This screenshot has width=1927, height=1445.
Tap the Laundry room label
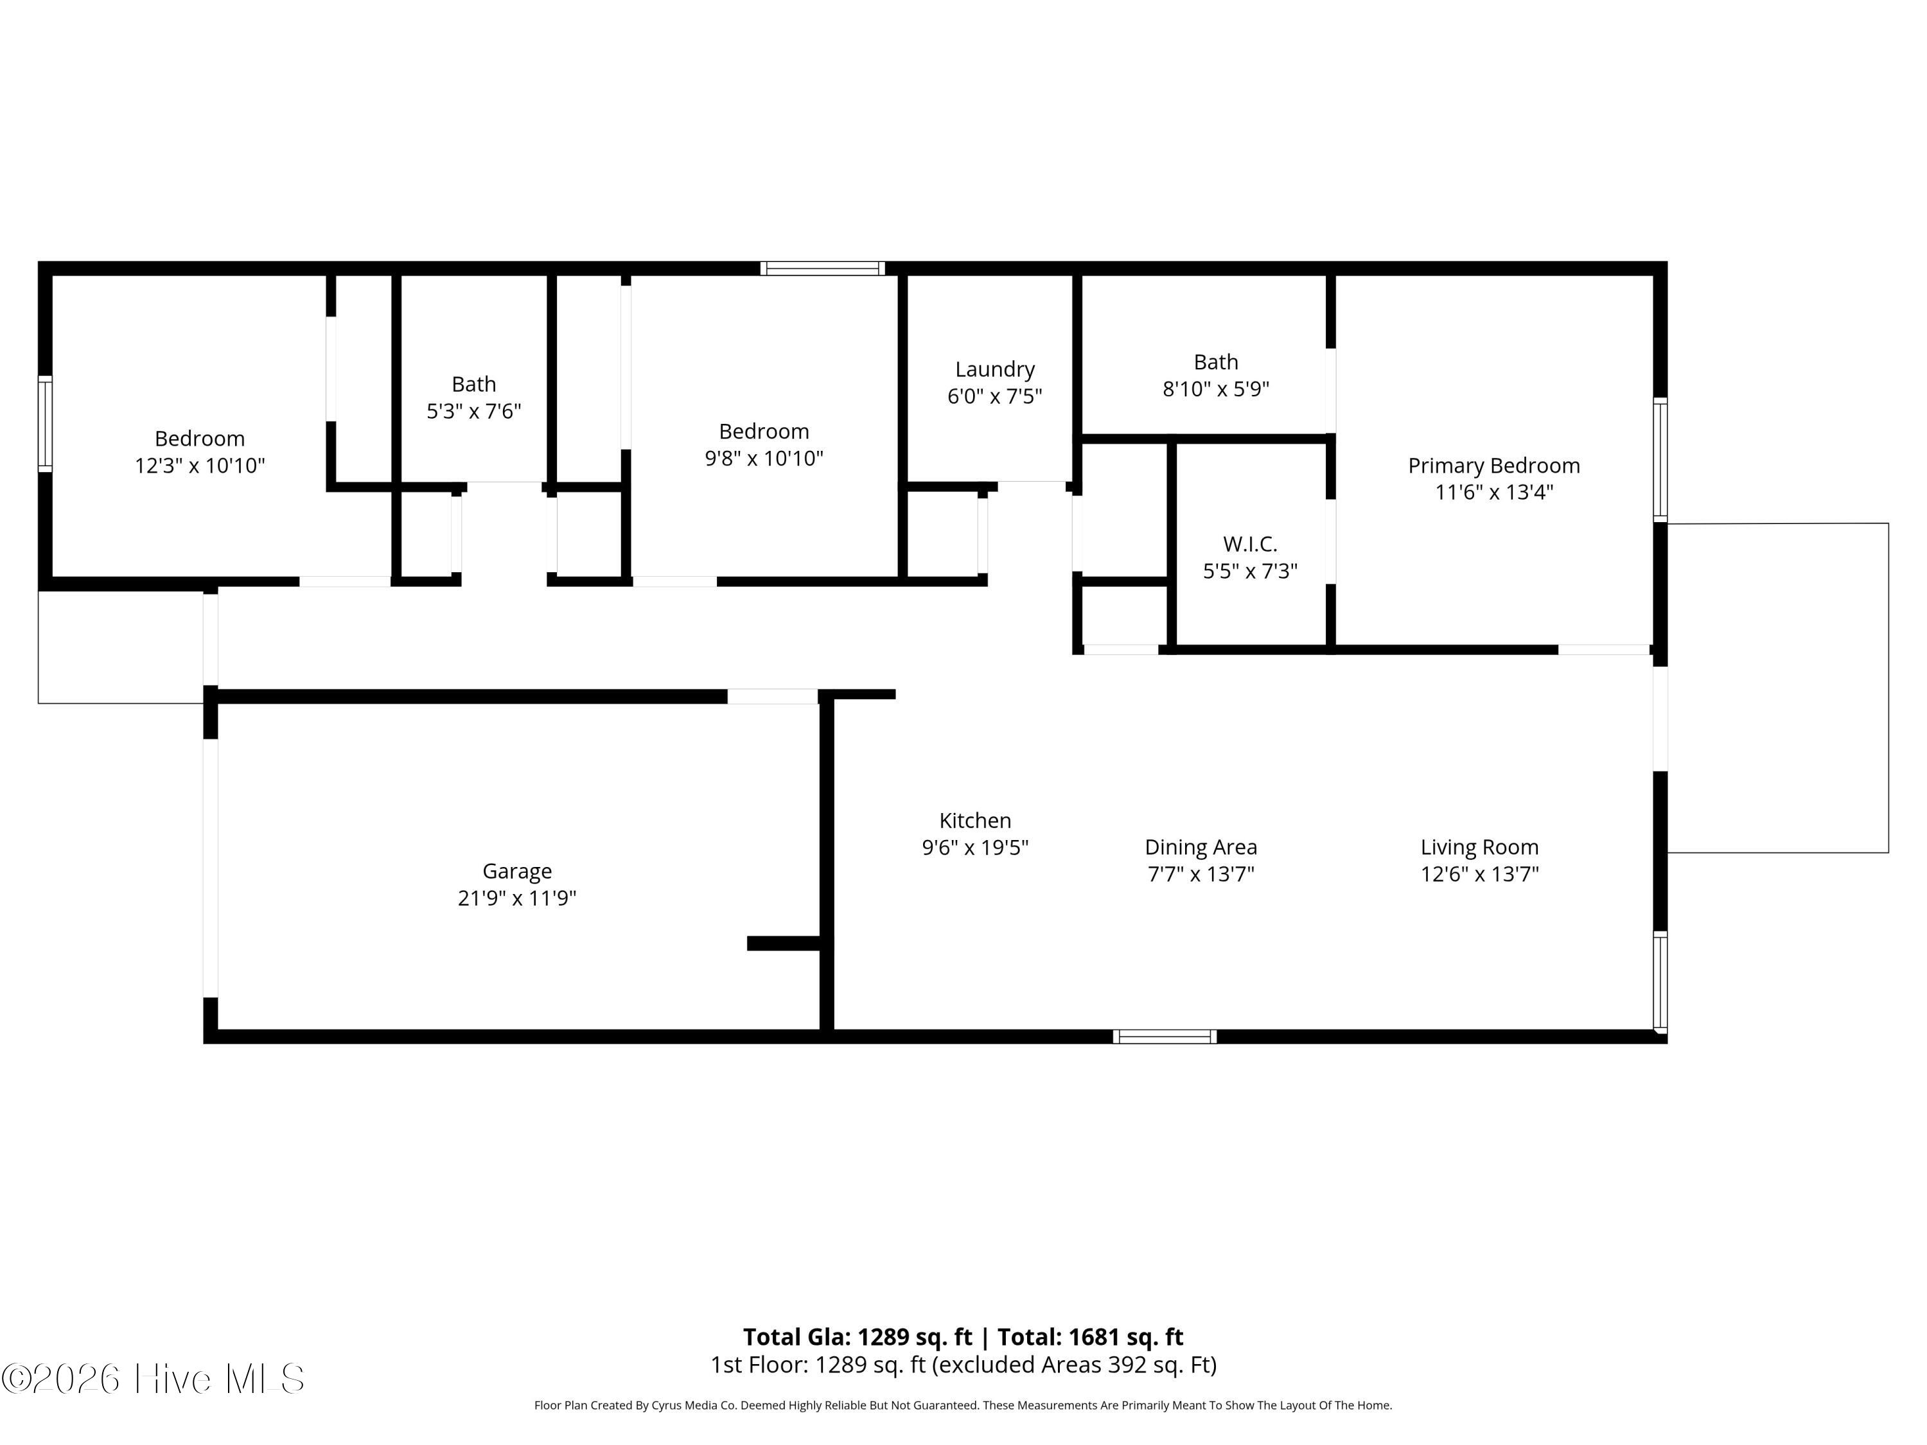click(x=995, y=369)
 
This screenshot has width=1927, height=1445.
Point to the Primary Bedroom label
click(x=1494, y=466)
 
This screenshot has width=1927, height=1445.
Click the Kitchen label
click(x=975, y=821)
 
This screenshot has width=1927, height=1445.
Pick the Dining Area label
click(x=1201, y=848)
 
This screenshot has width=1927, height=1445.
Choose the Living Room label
click(x=1479, y=848)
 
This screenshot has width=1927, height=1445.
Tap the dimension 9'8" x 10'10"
click(x=764, y=458)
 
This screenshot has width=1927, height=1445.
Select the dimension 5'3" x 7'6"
click(x=474, y=411)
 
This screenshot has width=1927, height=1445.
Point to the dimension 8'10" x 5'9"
click(x=1216, y=389)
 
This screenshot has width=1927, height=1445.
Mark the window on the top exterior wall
click(x=822, y=268)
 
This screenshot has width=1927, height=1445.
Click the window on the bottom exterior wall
click(x=1165, y=1037)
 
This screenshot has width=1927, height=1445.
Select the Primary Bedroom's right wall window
click(x=1660, y=460)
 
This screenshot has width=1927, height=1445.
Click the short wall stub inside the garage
click(x=784, y=943)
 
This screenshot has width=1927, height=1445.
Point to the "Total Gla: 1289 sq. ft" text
click(x=858, y=1337)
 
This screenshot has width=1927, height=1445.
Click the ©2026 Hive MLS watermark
click(x=154, y=1379)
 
